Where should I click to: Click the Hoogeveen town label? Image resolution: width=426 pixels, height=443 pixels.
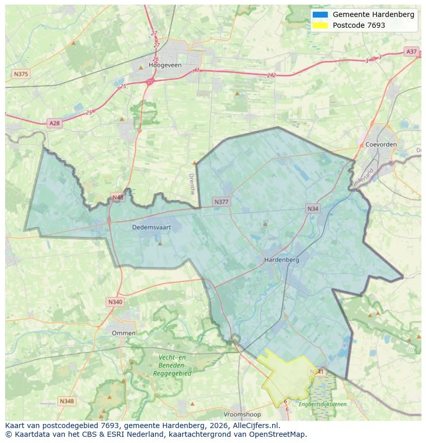tap(162, 65)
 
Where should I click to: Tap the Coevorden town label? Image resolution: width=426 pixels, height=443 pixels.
tap(381, 145)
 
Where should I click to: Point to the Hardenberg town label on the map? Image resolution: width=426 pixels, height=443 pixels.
tap(281, 260)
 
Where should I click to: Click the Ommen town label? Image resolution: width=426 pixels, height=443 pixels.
tap(124, 333)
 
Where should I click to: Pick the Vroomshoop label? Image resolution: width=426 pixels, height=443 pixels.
tap(242, 414)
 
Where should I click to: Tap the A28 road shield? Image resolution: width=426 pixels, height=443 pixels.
tap(54, 123)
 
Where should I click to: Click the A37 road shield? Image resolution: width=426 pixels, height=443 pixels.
tap(411, 51)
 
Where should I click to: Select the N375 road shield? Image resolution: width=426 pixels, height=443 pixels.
tap(21, 74)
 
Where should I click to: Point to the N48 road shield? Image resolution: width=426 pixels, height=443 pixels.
tap(117, 198)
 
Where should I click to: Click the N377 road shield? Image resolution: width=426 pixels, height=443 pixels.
tap(222, 202)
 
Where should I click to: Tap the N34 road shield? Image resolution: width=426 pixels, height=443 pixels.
tap(312, 208)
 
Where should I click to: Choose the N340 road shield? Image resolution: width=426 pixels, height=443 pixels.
tap(115, 302)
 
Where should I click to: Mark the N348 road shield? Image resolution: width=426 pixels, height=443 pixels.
tap(67, 401)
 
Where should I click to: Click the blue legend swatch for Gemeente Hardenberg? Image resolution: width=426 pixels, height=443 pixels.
tap(319, 14)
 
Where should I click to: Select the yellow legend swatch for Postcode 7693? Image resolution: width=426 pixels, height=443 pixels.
tap(319, 25)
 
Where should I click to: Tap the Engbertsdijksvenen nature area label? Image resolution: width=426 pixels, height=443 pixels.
tap(323, 404)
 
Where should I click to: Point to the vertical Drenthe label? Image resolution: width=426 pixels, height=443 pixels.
tap(192, 184)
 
